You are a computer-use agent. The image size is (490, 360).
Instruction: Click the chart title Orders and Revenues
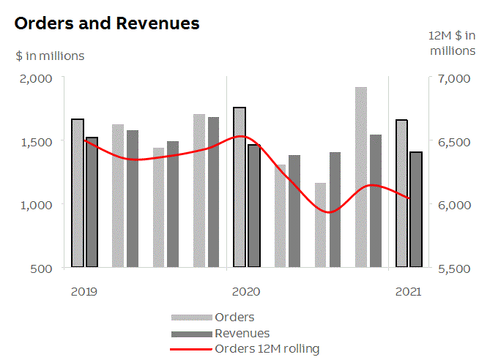(x=107, y=23)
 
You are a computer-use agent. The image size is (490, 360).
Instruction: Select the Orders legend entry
(x=234, y=317)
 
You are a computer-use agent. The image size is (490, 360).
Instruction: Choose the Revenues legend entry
(x=242, y=333)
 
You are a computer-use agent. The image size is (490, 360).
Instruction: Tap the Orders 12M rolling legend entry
(x=267, y=348)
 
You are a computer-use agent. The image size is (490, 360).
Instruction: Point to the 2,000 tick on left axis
(x=36, y=78)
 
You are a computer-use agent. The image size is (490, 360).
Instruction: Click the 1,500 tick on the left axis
(x=36, y=141)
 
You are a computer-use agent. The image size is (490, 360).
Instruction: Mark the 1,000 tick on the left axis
(x=36, y=205)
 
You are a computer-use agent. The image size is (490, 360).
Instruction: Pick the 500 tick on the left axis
(x=41, y=268)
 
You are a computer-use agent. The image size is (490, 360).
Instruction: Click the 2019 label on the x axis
(x=84, y=291)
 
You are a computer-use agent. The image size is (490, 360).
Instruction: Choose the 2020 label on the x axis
(x=246, y=291)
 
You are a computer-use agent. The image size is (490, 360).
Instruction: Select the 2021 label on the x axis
(x=408, y=291)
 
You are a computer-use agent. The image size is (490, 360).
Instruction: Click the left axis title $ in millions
(x=50, y=56)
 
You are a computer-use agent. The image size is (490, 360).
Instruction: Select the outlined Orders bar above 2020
(x=240, y=187)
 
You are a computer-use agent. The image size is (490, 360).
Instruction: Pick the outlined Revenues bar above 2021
(x=416, y=209)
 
